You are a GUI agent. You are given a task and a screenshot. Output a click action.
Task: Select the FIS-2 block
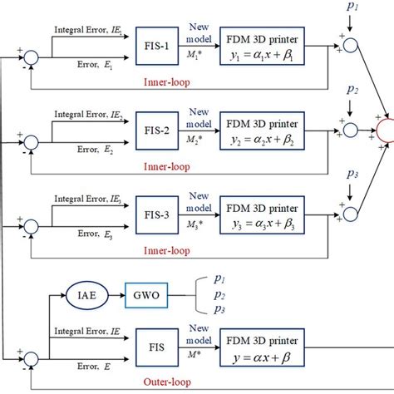click(155, 130)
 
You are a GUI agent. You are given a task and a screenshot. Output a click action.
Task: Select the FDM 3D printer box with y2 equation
click(269, 130)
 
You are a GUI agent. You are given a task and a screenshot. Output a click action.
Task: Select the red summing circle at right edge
click(387, 130)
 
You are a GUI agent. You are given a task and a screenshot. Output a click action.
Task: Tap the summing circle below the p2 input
click(352, 130)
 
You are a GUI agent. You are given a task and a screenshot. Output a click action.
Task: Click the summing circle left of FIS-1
click(31, 57)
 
